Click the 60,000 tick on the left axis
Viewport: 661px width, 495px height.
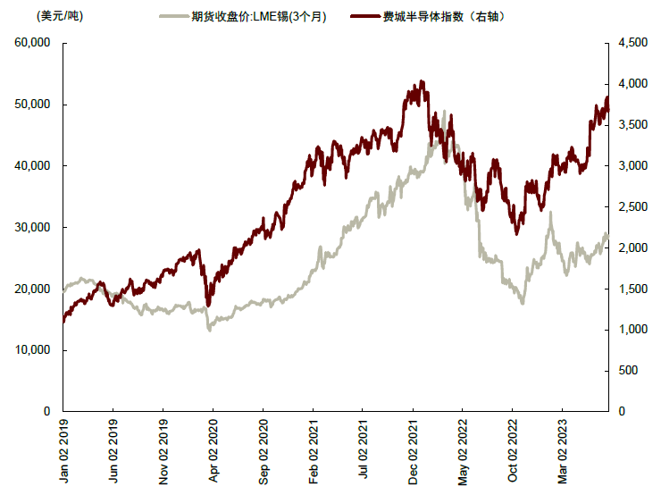click(x=32, y=43)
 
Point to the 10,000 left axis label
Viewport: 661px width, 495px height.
click(x=32, y=350)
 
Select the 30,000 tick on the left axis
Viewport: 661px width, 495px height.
click(x=32, y=228)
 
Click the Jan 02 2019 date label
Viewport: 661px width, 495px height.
click(x=63, y=450)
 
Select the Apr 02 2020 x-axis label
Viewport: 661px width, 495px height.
click(x=213, y=450)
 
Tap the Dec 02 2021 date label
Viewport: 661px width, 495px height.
click(x=412, y=450)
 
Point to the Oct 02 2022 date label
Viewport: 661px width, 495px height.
click(x=512, y=450)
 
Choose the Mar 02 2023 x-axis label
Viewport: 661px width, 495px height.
click(x=562, y=450)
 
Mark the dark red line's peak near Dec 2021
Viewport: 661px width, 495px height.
click(x=421, y=81)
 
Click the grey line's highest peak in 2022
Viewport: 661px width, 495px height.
click(x=444, y=112)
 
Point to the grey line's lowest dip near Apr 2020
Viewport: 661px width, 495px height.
click(x=210, y=330)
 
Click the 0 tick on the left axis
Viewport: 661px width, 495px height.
click(x=45, y=412)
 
